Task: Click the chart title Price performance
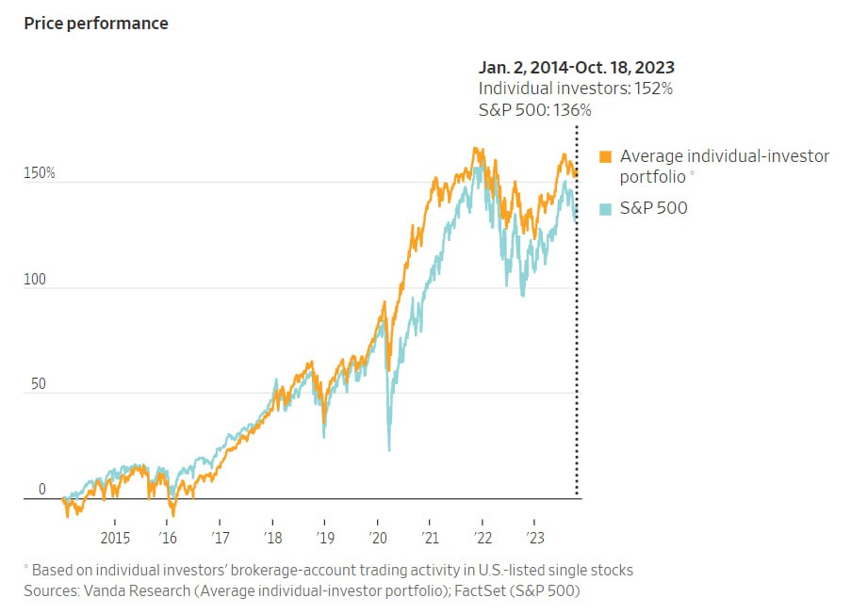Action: click(x=96, y=24)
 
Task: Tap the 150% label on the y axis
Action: click(x=41, y=174)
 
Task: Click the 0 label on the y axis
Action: click(x=41, y=490)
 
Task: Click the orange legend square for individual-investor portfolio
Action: click(x=606, y=156)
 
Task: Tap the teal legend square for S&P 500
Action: click(x=606, y=208)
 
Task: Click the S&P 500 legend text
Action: click(x=653, y=208)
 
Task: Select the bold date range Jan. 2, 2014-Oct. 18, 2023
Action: click(x=576, y=67)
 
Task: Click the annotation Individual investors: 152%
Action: click(x=575, y=89)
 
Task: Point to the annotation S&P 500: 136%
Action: click(x=534, y=110)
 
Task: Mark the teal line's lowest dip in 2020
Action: click(x=389, y=449)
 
